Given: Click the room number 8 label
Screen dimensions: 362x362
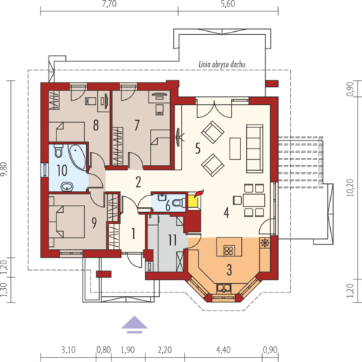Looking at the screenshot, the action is tap(96, 125).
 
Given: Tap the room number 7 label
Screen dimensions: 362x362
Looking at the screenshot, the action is tap(137, 125).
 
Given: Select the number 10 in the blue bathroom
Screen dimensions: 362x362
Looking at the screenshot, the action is tap(62, 170).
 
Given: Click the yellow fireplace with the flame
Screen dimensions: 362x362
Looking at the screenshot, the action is tap(194, 201).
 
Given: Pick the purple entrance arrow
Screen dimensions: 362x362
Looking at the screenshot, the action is tap(134, 324).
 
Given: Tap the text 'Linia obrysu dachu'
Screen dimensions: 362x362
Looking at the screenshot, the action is tap(222, 64).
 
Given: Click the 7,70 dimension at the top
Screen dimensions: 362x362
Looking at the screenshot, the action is tap(109, 4).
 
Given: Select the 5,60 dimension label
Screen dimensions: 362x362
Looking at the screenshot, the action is tap(228, 4).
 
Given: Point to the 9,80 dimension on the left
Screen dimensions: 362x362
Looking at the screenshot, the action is tap(4, 169).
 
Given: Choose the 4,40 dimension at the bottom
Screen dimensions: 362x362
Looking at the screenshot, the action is tap(223, 350).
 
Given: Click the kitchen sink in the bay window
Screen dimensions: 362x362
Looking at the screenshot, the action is tap(224, 288).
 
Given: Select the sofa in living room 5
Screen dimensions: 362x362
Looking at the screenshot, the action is tap(255, 148).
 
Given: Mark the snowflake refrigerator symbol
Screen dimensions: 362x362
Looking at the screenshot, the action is tap(265, 243).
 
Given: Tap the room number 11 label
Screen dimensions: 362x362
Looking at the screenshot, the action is tap(172, 240).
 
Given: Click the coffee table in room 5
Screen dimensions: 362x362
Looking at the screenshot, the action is tap(235, 148).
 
